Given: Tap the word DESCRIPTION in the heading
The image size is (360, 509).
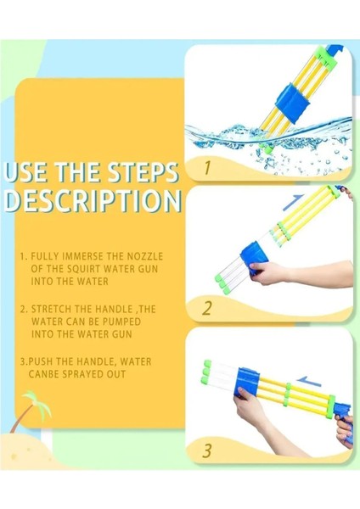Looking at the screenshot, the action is pos(93,200).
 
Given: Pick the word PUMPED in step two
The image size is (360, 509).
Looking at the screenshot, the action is pos(122,322).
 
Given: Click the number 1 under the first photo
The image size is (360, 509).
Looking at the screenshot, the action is pos(207,167).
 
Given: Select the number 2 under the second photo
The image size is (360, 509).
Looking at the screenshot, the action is pos(207,308).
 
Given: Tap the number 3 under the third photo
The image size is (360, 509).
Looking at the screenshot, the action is pos(207,451).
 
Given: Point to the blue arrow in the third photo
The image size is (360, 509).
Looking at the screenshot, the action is pos(309,381).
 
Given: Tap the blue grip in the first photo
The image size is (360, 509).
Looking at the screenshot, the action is pos(292,103).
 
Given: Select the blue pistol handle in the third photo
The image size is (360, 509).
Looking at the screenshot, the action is pos(344,422).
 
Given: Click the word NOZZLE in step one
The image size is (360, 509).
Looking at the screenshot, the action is pos(144,256).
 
